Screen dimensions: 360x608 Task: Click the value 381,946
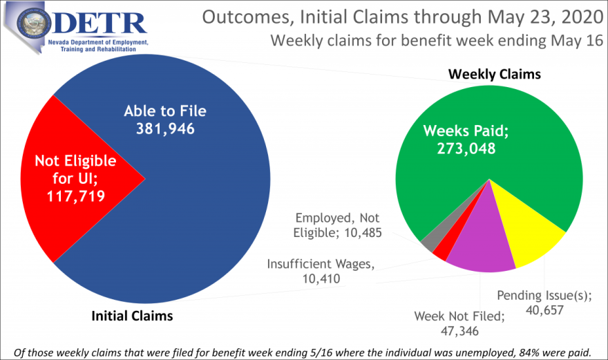click(165, 129)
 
